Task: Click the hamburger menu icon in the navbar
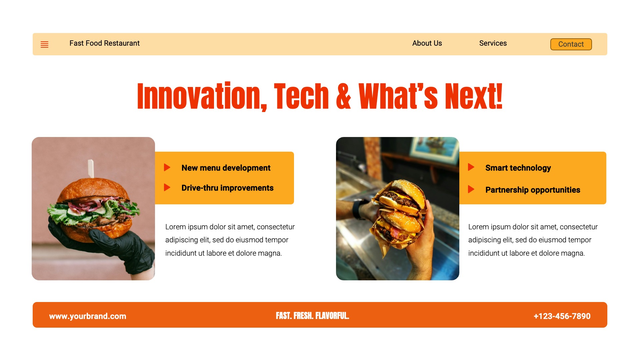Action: (44, 44)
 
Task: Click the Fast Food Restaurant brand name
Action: (104, 43)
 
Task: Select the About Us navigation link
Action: (427, 43)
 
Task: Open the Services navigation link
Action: (493, 43)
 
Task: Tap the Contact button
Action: (571, 44)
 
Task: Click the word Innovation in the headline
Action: (199, 96)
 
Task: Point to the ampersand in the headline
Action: (343, 96)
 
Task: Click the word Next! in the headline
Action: (474, 96)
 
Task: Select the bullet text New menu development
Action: (226, 168)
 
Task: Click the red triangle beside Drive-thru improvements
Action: (167, 187)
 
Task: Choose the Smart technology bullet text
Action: (518, 168)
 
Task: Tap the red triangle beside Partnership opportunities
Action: (471, 189)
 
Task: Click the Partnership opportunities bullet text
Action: (533, 190)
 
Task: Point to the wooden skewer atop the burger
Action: (91, 169)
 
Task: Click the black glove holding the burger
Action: (110, 247)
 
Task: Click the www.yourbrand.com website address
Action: (88, 316)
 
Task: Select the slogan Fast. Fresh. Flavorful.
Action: (312, 316)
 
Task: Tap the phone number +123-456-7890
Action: (562, 316)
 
